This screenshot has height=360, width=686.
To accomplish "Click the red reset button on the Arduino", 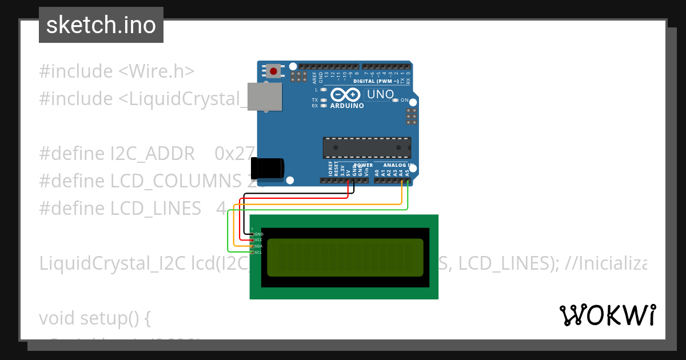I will coord(274,71).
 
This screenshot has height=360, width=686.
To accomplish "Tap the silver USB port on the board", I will coord(265,96).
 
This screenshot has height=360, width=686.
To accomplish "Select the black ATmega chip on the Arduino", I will coord(366,147).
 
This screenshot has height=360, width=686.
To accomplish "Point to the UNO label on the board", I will coord(380,94).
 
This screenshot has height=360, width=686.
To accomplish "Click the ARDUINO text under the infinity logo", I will coord(347,106).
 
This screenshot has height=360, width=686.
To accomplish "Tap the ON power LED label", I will coord(405,101).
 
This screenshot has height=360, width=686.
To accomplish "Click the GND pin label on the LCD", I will coord(259,234).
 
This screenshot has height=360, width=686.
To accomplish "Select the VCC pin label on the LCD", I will coord(258,240).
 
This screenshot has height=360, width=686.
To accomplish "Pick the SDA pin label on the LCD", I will coord(258,246).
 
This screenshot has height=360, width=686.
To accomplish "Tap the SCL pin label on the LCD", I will coord(258,252).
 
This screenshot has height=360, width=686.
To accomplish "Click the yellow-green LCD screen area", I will coord(345,257).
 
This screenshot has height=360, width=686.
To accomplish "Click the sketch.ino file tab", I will coord(101,25).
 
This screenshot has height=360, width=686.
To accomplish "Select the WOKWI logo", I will coord(607,315).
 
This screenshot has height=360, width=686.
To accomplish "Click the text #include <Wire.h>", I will coord(117,71).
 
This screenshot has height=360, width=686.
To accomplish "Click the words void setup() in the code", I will coord(95,318).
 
